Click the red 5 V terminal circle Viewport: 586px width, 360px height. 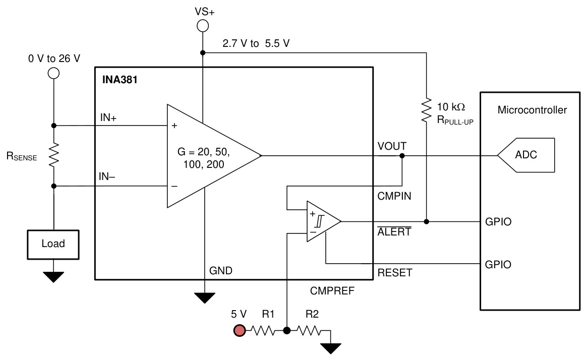pyautogui.click(x=239, y=330)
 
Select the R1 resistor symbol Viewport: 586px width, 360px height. pyautogui.click(x=263, y=330)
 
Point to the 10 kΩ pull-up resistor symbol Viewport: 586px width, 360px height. pyautogui.click(x=427, y=110)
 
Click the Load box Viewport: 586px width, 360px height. pyautogui.click(x=53, y=245)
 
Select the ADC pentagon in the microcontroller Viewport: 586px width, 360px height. pyautogui.click(x=526, y=155)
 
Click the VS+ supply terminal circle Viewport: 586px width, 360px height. pyautogui.click(x=203, y=26)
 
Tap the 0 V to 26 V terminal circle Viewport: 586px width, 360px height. pyautogui.click(x=53, y=73)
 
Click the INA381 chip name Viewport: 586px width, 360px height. pyautogui.click(x=120, y=80)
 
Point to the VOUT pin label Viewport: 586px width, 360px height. pyautogui.click(x=392, y=146)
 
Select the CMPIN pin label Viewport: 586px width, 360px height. pyautogui.click(x=394, y=196)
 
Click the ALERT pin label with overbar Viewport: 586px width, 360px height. pyautogui.click(x=394, y=231)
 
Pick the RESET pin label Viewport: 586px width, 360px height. pyautogui.click(x=395, y=273)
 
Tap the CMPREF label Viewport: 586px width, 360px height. pyautogui.click(x=332, y=290)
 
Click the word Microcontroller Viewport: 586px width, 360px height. pyautogui.click(x=532, y=110)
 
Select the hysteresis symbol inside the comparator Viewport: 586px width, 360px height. pyautogui.click(x=320, y=221)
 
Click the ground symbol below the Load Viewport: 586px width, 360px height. pyautogui.click(x=53, y=277)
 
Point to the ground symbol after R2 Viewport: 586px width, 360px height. pyautogui.click(x=331, y=348)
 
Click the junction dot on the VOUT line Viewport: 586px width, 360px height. pyautogui.click(x=402, y=155)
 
